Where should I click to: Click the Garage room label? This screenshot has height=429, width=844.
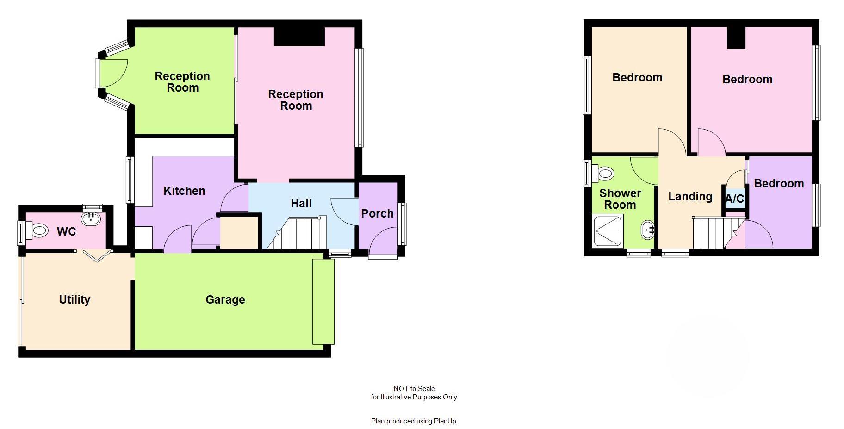coord(225,300)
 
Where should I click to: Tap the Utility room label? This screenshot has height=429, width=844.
coord(74,300)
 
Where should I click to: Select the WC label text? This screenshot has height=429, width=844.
coord(66,232)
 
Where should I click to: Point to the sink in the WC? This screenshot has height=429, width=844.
coord(91,218)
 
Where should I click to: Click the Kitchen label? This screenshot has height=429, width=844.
coord(184,191)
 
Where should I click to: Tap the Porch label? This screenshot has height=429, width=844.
coord(377,214)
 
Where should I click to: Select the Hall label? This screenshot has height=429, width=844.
coord(301,204)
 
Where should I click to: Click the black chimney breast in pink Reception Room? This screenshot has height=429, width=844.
coord(299,37)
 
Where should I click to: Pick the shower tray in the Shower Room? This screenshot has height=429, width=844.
coord(608,231)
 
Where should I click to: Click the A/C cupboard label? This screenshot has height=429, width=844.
coord(734,199)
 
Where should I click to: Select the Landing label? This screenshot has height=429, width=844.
coord(690,197)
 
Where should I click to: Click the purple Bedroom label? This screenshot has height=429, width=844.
coord(779,184)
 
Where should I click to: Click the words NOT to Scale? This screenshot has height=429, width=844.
coord(414,389)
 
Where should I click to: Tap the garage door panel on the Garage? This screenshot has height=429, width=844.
coord(323,302)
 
